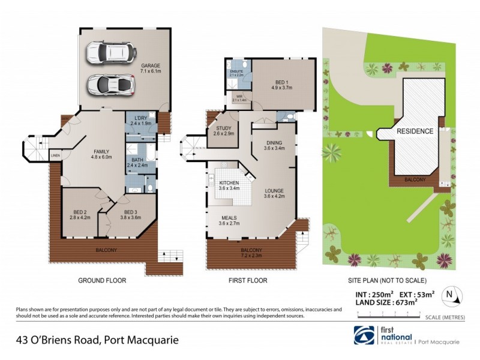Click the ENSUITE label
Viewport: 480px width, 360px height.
[x=236, y=71]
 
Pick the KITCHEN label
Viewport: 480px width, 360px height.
[x=229, y=183]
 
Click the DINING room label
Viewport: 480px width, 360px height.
[x=274, y=142]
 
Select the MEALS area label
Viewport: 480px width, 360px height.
[x=229, y=218]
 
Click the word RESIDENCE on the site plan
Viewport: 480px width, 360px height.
[x=413, y=131]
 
